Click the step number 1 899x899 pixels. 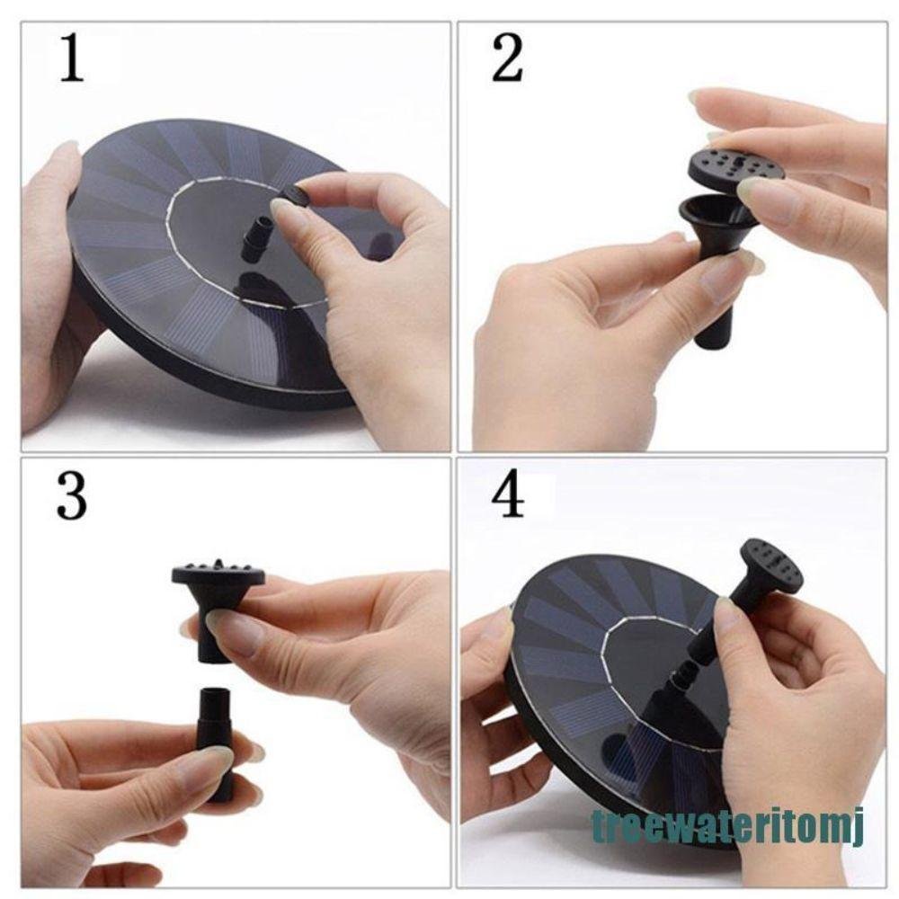pos(71,60)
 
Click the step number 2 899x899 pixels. pos(508,60)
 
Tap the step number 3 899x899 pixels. pos(71,497)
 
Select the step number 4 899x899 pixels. pos(509,497)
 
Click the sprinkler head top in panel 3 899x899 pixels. pos(218,574)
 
